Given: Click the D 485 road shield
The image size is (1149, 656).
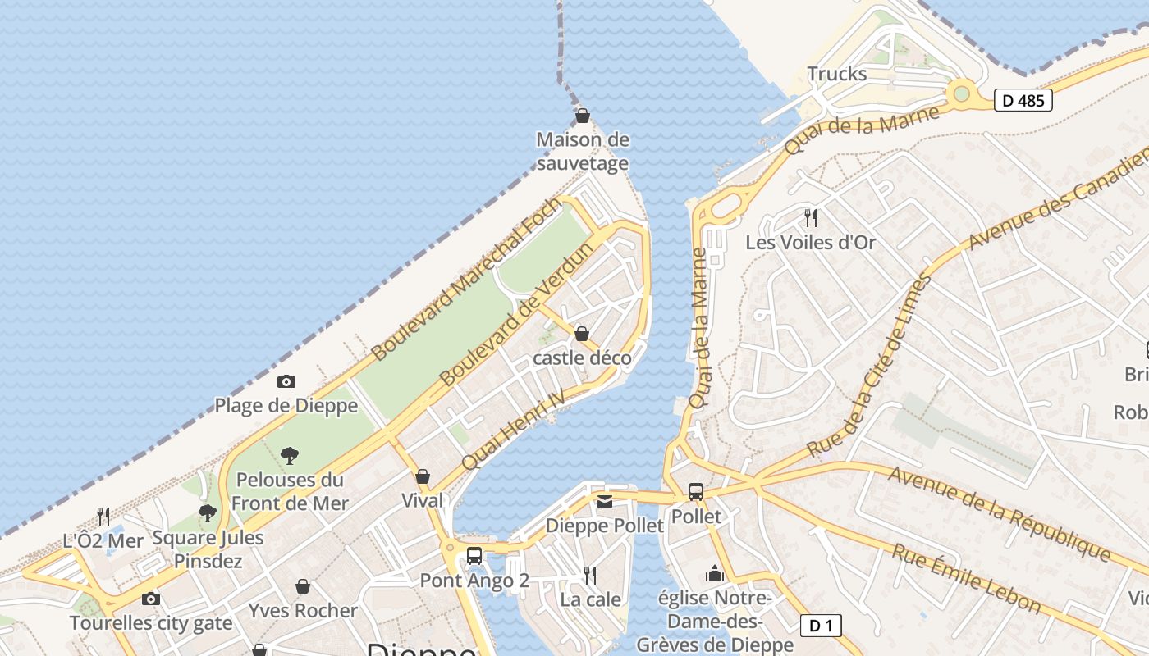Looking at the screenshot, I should click(1023, 101).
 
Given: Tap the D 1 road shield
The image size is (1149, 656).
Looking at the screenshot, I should click(820, 626).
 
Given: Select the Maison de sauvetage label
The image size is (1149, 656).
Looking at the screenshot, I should click(583, 151).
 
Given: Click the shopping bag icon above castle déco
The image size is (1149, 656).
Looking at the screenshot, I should click(582, 334).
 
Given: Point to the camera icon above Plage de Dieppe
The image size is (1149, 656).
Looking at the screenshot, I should click(286, 381).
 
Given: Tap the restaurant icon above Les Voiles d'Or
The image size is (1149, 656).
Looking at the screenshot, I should click(810, 217).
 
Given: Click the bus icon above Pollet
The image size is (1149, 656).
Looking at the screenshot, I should click(695, 492).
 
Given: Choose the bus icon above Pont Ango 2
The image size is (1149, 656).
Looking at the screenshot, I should click(474, 555).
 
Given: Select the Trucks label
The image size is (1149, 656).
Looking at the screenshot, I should click(836, 74).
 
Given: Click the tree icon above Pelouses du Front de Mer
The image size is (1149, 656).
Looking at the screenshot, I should click(289, 455).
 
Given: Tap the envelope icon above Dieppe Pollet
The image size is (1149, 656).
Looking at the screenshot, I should click(605, 502).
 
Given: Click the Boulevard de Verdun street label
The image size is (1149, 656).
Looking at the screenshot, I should click(516, 315).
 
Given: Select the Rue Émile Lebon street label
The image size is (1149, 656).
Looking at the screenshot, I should click(967, 579).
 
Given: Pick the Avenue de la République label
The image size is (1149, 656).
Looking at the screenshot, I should click(999, 513).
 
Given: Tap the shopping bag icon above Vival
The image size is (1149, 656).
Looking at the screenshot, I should click(423, 476).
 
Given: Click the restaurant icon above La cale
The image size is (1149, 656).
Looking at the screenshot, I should click(589, 575).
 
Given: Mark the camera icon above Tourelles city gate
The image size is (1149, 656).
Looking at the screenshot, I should click(150, 599).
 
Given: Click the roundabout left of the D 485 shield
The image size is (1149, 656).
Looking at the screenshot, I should click(961, 93).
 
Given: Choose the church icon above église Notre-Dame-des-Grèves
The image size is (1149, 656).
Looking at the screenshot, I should click(715, 573).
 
